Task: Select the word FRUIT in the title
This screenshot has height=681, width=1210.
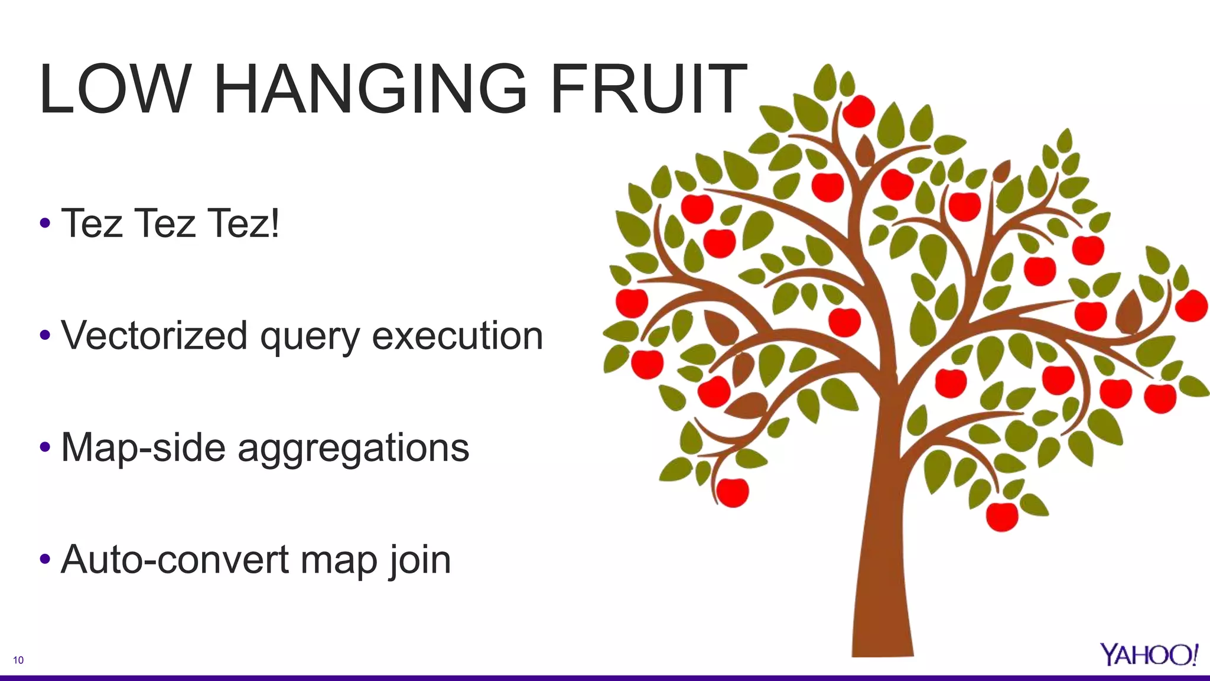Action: [648, 90]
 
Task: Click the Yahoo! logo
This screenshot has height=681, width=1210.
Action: [1149, 654]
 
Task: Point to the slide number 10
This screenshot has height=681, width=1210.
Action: [18, 660]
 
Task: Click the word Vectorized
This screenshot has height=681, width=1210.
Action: [154, 336]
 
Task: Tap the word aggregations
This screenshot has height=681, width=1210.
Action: [353, 448]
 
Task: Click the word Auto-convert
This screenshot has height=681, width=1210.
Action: [175, 559]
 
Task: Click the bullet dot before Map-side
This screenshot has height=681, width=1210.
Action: [45, 447]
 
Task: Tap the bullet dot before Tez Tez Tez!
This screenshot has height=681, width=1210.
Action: [45, 223]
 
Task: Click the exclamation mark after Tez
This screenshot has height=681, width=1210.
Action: [274, 223]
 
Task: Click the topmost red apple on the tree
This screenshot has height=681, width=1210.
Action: [858, 111]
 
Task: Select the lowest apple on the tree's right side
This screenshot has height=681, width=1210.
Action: [1002, 516]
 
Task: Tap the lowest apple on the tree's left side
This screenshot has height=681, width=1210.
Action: [733, 492]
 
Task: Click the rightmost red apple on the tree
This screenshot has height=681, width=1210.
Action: [1191, 306]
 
